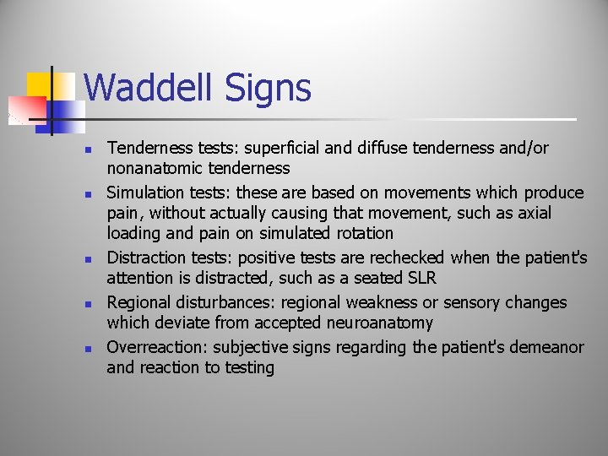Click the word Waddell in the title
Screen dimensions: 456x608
[x=148, y=88]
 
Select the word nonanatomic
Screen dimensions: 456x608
[x=156, y=169]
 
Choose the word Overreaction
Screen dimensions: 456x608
[x=157, y=347]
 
